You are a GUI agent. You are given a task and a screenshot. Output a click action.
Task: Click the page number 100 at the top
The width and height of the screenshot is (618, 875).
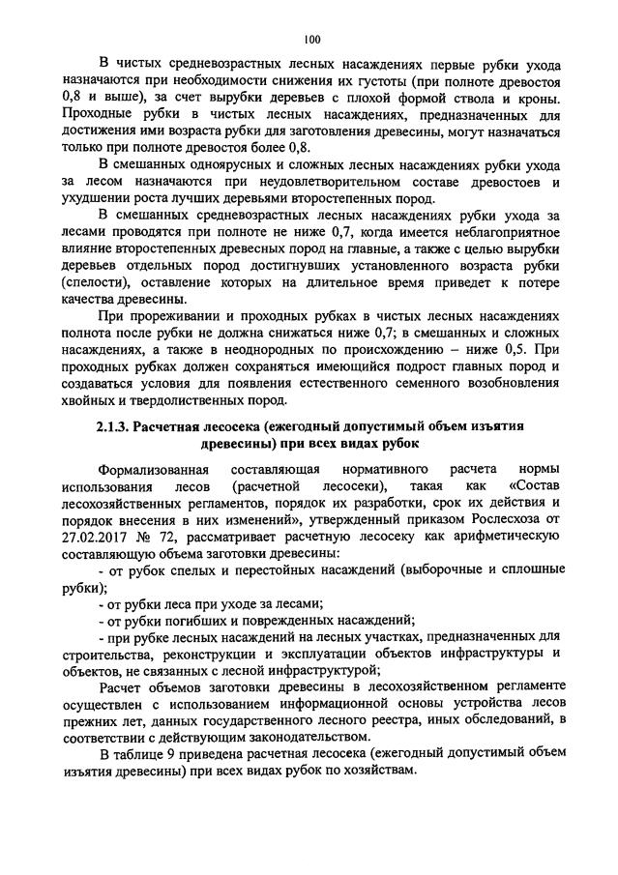(310, 40)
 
